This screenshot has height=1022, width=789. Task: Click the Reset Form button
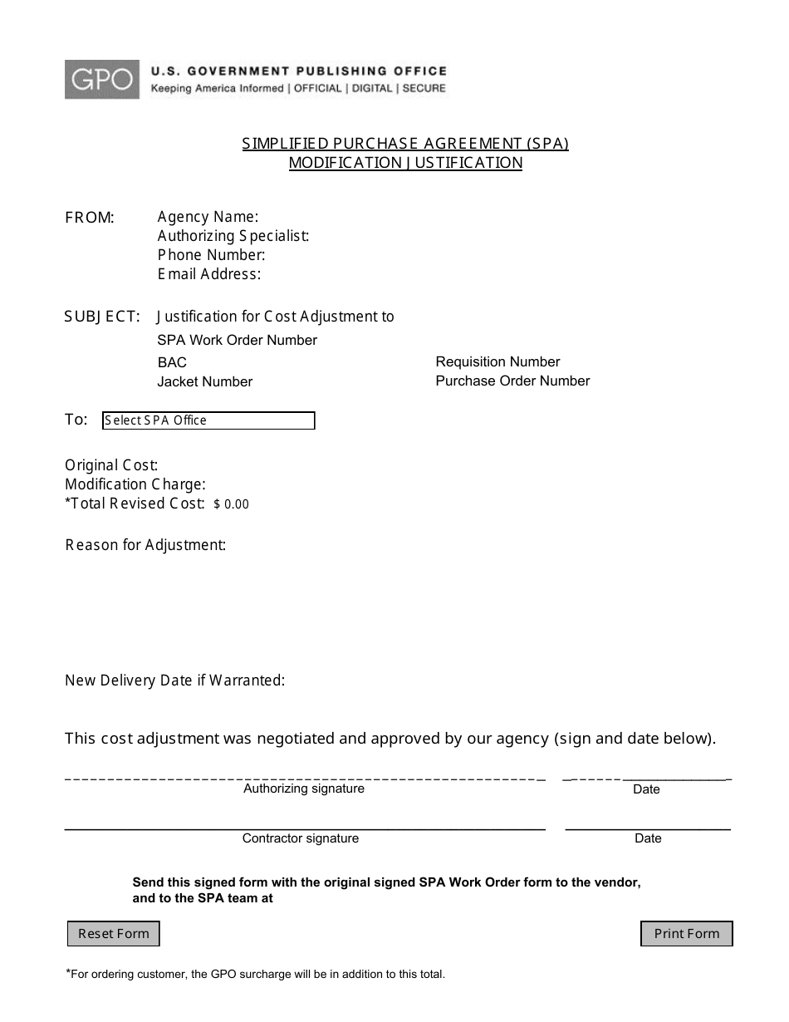click(x=113, y=933)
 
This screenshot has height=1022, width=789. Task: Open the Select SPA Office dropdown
click(x=208, y=420)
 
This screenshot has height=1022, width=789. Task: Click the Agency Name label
click(x=208, y=217)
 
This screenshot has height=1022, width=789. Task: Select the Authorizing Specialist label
click(x=233, y=236)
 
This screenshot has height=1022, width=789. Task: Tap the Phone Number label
click(x=211, y=255)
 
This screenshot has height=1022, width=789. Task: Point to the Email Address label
click(x=209, y=274)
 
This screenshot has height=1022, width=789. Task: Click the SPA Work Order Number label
click(x=237, y=340)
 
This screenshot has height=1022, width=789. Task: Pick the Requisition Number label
click(x=497, y=361)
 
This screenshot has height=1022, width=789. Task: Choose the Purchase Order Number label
click(x=512, y=381)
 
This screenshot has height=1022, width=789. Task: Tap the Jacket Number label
click(x=204, y=381)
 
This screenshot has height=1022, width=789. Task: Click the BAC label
click(x=172, y=362)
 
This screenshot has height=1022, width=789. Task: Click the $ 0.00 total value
click(x=231, y=504)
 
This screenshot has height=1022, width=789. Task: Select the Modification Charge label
click(x=135, y=484)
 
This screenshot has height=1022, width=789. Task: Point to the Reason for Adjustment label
click(x=145, y=545)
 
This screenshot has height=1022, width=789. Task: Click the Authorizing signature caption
click(x=303, y=789)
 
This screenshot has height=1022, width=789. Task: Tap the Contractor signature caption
click(x=300, y=838)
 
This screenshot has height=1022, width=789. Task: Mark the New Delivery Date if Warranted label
click(x=174, y=681)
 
